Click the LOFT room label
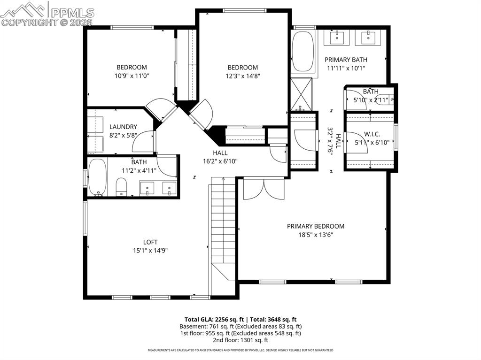[x=150, y=242]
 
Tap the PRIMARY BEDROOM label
[x=315, y=226]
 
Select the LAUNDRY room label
[x=123, y=127]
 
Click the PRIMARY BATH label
[x=346, y=60]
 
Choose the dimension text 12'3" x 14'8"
[x=243, y=76]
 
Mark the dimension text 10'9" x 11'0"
[x=132, y=76]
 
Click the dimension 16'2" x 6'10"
[x=220, y=161]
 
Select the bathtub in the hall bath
[x=97, y=177]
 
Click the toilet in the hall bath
[x=121, y=187]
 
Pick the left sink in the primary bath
[x=338, y=38]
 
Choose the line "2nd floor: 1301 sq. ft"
[x=240, y=340]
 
